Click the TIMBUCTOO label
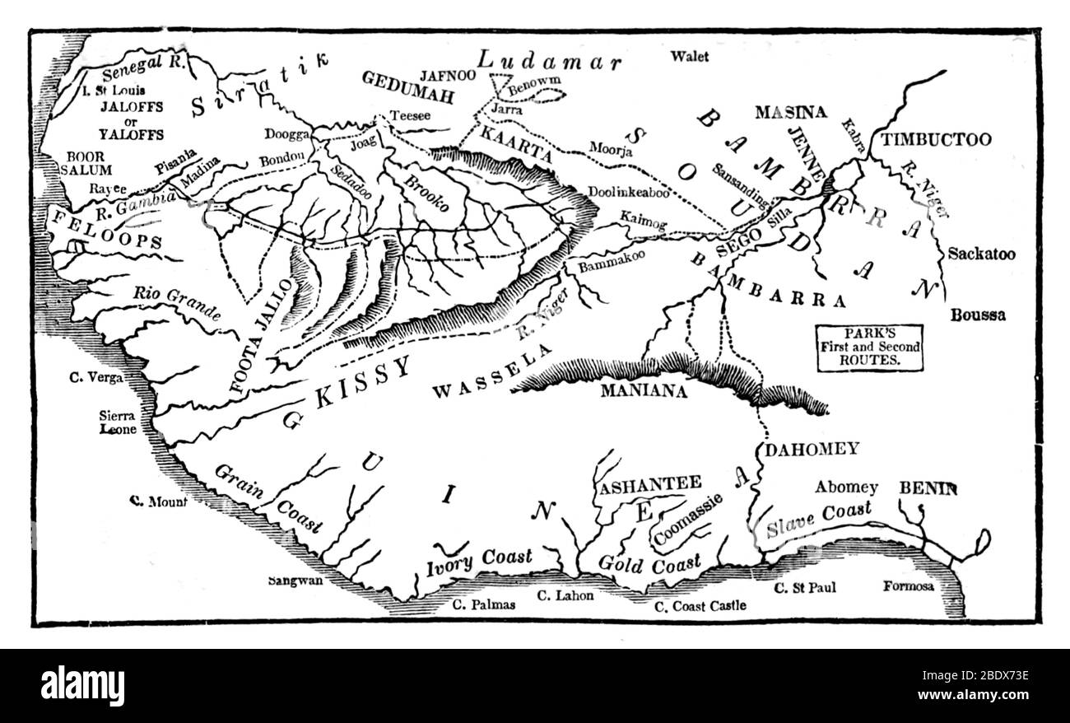(936, 140)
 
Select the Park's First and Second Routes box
(869, 346)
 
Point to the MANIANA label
(643, 391)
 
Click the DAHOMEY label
(812, 450)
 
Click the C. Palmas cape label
(485, 604)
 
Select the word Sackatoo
(981, 254)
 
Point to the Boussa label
(978, 315)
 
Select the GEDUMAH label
(408, 96)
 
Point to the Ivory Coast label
(479, 562)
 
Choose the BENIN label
(928, 488)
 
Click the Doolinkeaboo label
(628, 192)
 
